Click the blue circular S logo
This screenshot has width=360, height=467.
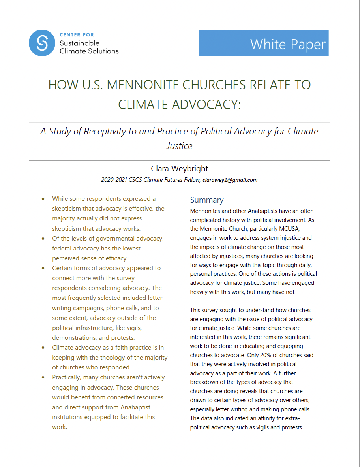[42, 43]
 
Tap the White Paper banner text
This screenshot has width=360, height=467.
[288, 44]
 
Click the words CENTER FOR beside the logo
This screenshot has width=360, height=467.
[77, 35]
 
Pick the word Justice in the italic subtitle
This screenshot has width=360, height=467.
[179, 146]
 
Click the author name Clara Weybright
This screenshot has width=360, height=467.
[179, 169]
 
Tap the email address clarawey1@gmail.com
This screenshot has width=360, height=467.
[230, 180]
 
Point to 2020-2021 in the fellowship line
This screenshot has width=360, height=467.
[114, 180]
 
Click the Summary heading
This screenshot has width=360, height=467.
[206, 200]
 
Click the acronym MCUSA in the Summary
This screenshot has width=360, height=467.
[292, 229]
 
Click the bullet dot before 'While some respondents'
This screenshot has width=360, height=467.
[43, 199]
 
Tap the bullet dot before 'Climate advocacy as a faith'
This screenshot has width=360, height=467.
[43, 348]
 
